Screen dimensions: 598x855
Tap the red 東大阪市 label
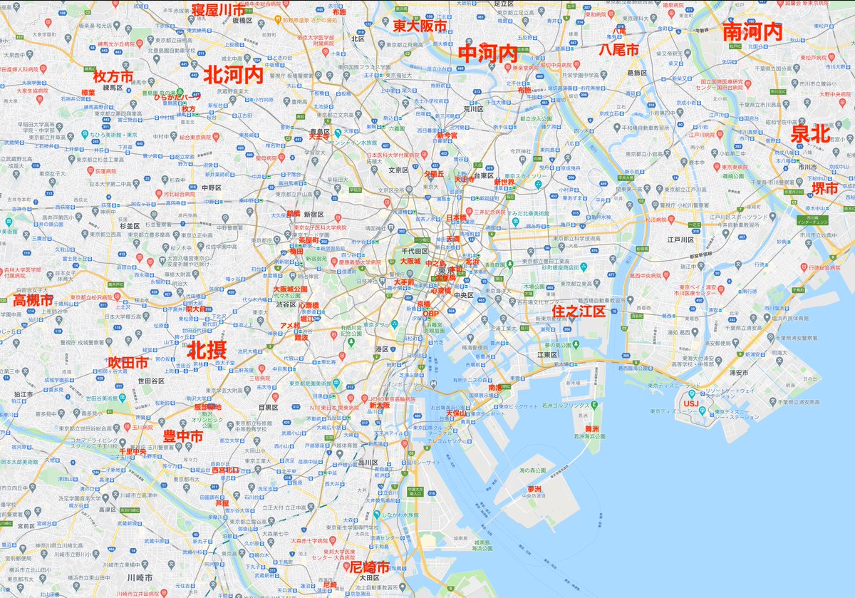[x=420, y=26]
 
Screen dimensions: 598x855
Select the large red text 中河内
[x=488, y=53]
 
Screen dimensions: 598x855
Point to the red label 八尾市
[x=618, y=49]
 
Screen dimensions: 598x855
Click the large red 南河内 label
[x=752, y=31]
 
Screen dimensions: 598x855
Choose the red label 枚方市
[x=113, y=76]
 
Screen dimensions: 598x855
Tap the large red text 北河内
[x=233, y=74]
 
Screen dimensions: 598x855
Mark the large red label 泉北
[x=811, y=133]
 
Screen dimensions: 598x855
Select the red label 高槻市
[x=33, y=300]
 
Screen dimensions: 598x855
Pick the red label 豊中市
[x=182, y=435]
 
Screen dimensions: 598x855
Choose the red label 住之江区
[x=579, y=311]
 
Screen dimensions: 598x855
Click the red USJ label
[x=691, y=403]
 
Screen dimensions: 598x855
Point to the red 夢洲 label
[x=534, y=489]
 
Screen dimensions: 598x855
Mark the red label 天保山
[x=455, y=413]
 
